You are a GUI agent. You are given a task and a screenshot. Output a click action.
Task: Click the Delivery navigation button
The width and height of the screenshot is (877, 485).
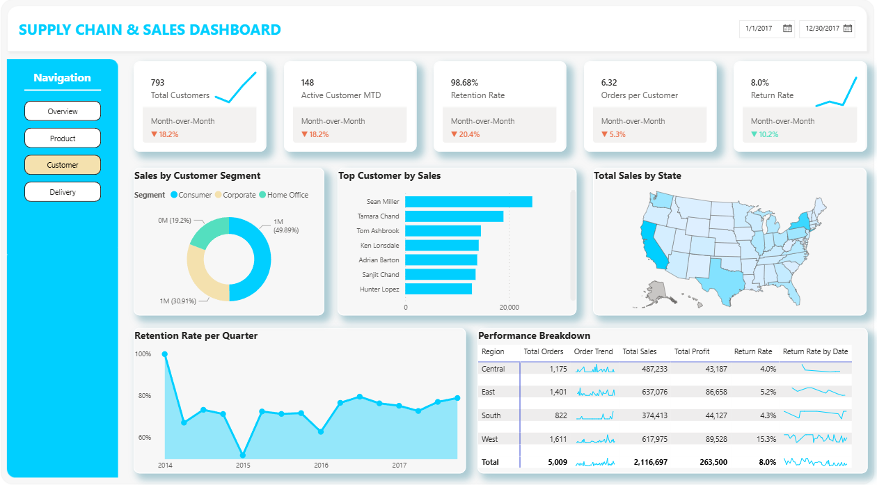63,192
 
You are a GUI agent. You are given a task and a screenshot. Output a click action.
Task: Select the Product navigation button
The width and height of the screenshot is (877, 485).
63,138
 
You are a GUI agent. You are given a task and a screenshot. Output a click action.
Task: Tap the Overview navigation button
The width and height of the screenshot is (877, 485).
63,111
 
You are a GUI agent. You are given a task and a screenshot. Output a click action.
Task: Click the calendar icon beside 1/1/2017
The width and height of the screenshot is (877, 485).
787,29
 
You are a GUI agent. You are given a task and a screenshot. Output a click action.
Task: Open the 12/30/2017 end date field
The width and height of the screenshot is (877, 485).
827,29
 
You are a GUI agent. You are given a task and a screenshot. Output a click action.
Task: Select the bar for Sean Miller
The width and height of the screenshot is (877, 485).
468,202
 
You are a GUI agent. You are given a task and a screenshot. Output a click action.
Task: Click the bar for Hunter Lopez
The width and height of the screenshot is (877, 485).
438,289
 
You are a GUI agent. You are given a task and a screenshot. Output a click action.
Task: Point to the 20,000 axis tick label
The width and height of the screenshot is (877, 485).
509,308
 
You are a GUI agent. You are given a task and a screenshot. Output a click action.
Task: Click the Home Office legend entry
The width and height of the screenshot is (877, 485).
284,195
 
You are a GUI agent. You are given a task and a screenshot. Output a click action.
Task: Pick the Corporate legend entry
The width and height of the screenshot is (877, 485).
235,195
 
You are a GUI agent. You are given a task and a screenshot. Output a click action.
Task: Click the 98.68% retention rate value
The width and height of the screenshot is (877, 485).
464,83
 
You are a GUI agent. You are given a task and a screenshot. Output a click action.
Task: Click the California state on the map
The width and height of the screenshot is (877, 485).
652,246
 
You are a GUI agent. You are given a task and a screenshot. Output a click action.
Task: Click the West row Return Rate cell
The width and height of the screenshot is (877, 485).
766,439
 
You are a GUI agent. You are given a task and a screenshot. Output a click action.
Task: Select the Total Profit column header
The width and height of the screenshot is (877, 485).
691,351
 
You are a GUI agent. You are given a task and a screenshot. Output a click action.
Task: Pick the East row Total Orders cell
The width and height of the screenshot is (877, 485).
558,392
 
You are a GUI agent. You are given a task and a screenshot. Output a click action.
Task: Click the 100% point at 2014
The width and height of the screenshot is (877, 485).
165,354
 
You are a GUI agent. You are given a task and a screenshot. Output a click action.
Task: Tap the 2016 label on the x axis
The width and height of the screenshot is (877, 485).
321,465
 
